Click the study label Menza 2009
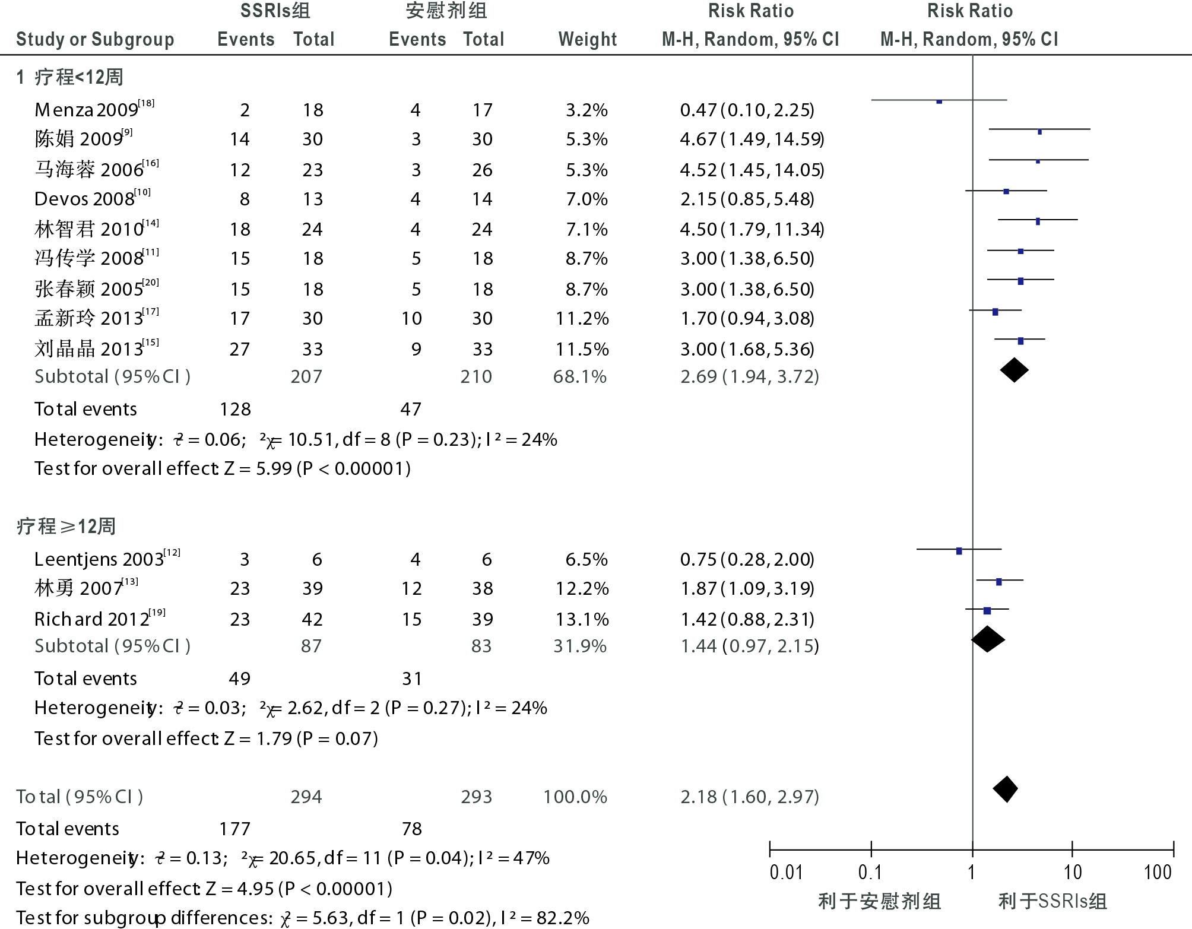[87, 110]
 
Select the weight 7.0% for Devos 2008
[587, 199]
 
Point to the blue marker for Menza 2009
[939, 102]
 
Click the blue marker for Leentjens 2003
[959, 551]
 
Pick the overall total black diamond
[1006, 789]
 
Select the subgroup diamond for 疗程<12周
[1014, 370]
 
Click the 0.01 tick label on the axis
[786, 872]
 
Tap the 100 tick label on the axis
[1158, 872]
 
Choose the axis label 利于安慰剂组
[880, 901]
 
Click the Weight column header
[588, 39]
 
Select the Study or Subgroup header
[95, 39]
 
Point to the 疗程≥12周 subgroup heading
[66, 526]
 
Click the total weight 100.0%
[575, 797]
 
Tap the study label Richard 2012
[92, 619]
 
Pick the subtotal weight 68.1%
[579, 376]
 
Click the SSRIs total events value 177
[235, 829]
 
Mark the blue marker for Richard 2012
[987, 610]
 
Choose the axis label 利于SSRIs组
[1052, 901]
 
